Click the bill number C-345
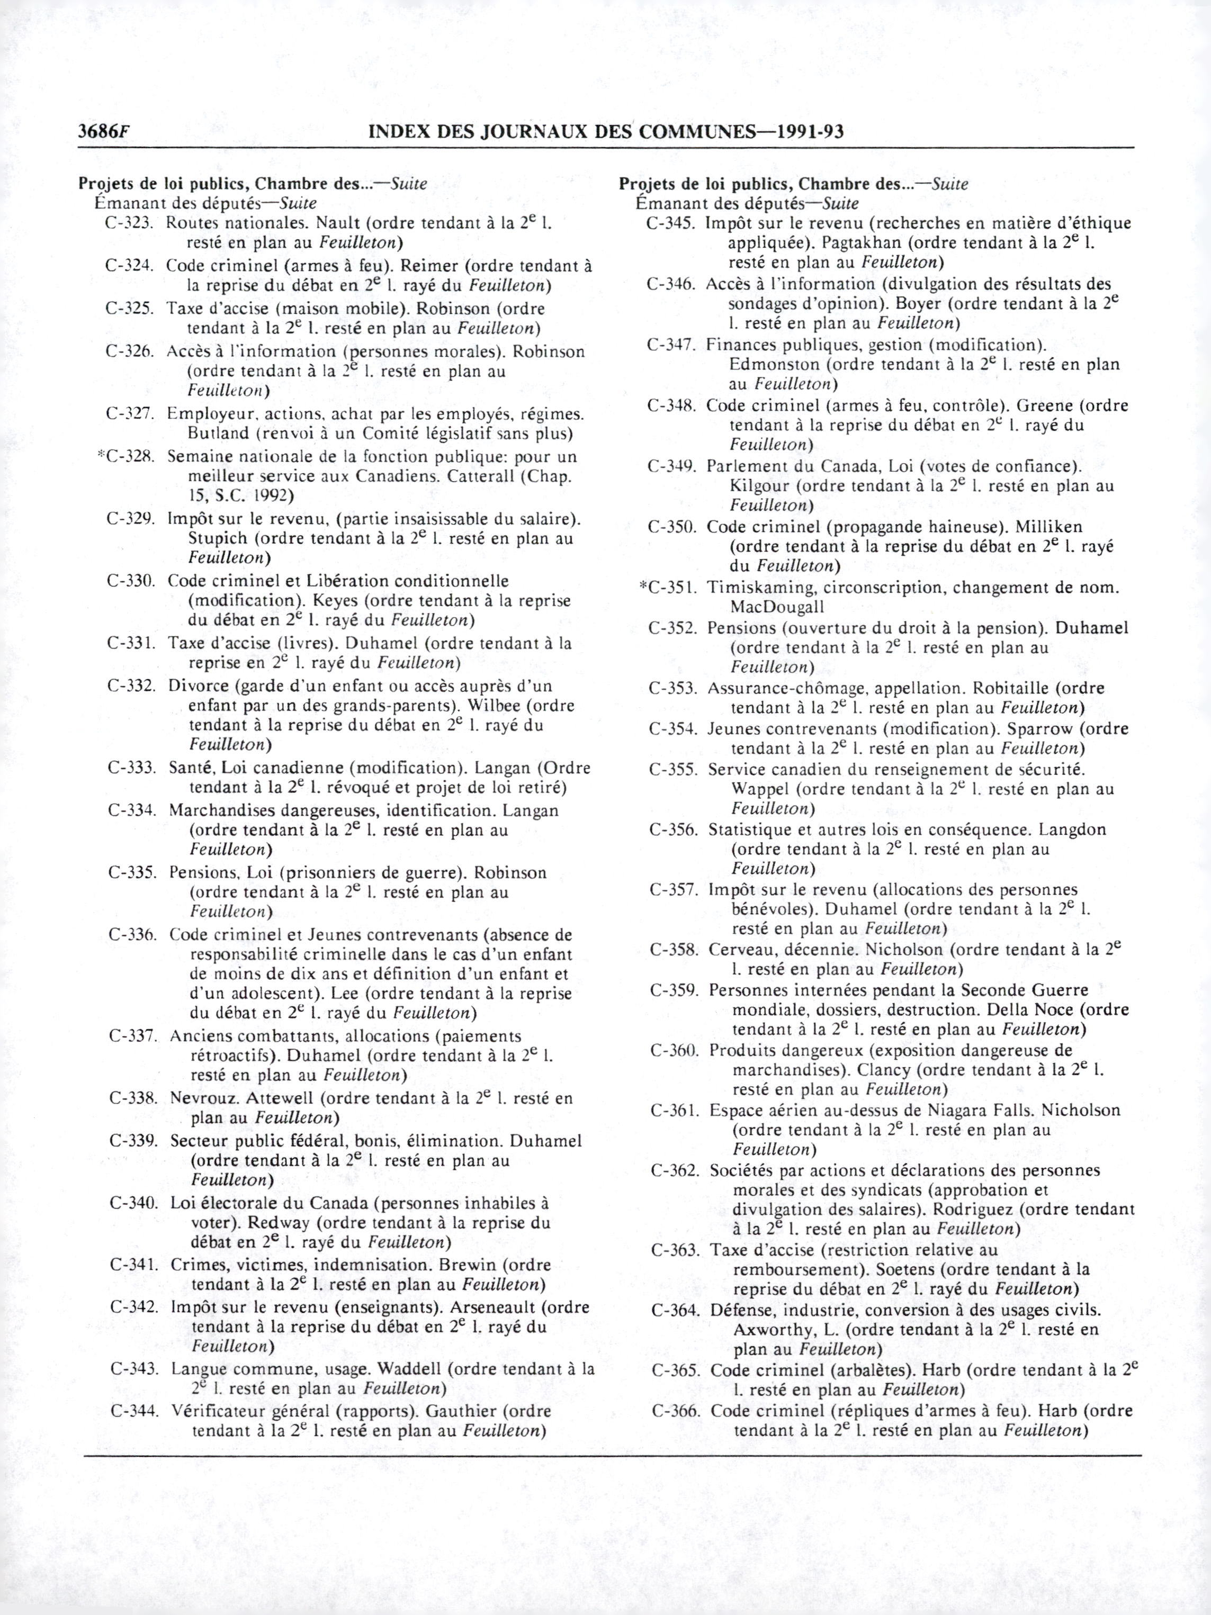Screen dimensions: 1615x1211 coord(670,223)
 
